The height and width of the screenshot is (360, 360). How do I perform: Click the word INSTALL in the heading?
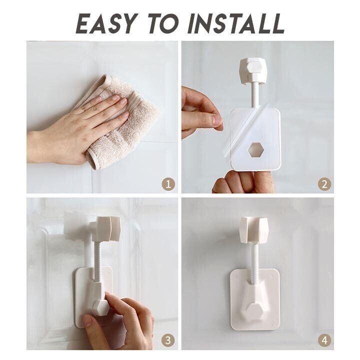(236, 24)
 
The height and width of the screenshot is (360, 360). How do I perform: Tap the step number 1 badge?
(168, 184)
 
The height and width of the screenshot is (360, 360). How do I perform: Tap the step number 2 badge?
(324, 184)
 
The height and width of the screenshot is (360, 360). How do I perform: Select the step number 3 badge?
(168, 340)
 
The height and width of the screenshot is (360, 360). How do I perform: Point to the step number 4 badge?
(324, 340)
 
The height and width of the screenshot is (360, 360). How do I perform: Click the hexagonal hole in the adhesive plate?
(256, 149)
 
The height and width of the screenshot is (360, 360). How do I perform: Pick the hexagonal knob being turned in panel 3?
(100, 307)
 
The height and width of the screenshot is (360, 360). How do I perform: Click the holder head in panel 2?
(253, 70)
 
